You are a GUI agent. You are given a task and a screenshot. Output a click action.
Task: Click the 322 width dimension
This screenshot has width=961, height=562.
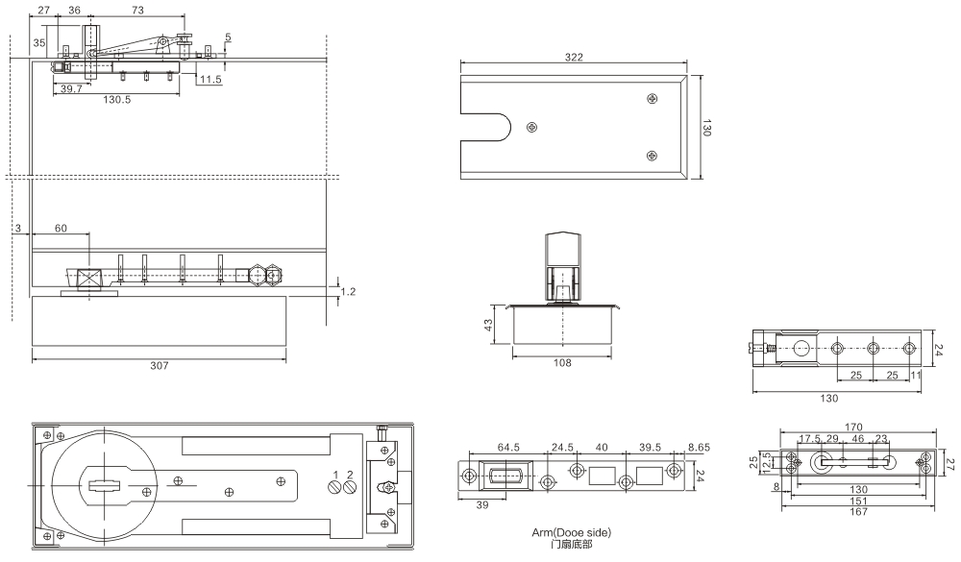pyautogui.click(x=573, y=58)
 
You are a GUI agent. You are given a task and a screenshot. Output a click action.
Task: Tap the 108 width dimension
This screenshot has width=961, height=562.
pyautogui.click(x=563, y=362)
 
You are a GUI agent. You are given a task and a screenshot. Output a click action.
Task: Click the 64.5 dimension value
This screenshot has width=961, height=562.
pyautogui.click(x=508, y=447)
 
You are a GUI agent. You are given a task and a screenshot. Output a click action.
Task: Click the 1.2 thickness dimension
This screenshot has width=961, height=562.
pyautogui.click(x=351, y=290)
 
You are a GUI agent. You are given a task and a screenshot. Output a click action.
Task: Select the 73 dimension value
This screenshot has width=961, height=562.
pyautogui.click(x=137, y=10)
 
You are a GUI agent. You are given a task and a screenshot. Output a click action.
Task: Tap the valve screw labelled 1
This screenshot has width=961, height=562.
pyautogui.click(x=335, y=487)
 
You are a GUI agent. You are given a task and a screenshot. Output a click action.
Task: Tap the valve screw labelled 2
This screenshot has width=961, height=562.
pyautogui.click(x=350, y=487)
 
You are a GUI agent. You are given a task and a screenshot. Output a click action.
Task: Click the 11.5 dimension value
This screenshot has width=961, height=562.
pyautogui.click(x=211, y=80)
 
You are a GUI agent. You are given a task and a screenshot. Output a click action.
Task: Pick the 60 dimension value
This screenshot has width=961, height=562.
pyautogui.click(x=61, y=228)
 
